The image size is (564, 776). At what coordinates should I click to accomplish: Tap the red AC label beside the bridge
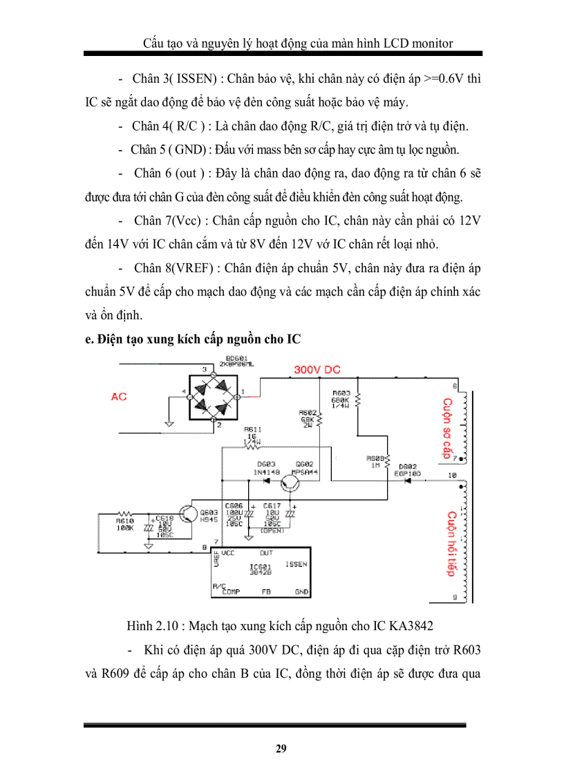pos(119,397)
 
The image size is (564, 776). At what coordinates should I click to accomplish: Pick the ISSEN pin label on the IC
pos(296,565)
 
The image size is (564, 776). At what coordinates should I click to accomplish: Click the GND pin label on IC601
pos(301,592)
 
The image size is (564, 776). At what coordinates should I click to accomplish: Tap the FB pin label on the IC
pos(265,592)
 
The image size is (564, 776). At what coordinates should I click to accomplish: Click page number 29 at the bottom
pos(281,749)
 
